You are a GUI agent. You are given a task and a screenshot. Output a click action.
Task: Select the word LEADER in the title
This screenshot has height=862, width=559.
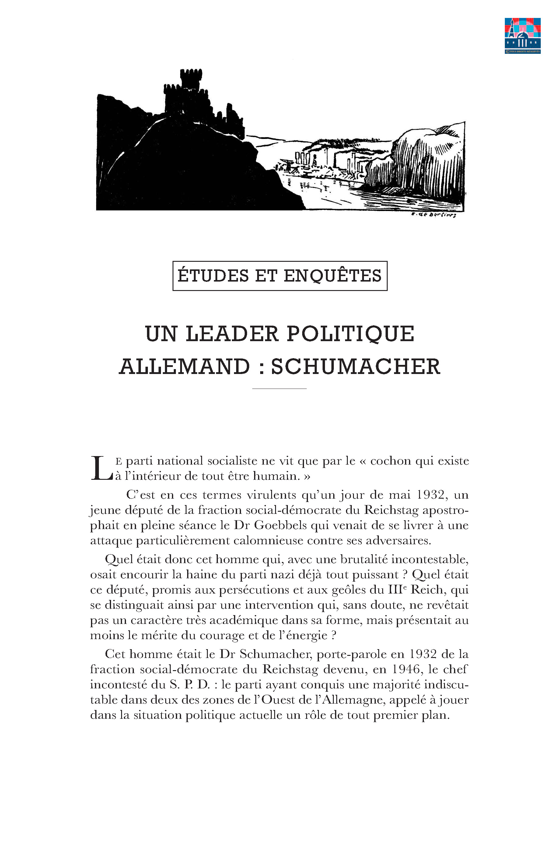(x=232, y=334)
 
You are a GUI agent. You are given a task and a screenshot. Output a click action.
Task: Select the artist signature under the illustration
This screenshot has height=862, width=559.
(x=434, y=215)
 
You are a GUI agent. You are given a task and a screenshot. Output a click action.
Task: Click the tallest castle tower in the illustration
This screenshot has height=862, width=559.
(x=191, y=79)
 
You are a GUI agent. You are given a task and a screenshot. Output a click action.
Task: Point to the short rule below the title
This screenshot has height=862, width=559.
(x=279, y=389)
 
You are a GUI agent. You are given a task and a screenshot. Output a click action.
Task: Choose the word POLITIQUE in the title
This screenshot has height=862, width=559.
(x=350, y=334)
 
